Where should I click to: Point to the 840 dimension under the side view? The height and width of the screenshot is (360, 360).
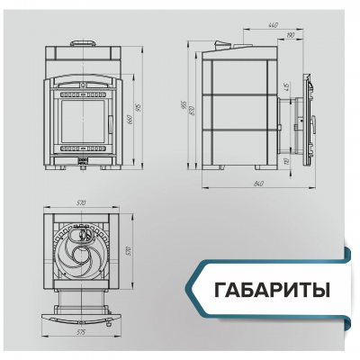259,184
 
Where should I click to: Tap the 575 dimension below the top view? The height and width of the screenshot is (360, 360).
83,332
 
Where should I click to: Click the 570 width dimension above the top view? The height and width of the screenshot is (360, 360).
82,203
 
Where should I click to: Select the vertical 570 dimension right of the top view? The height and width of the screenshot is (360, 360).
129,249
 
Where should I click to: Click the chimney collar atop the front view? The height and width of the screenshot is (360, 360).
82,42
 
